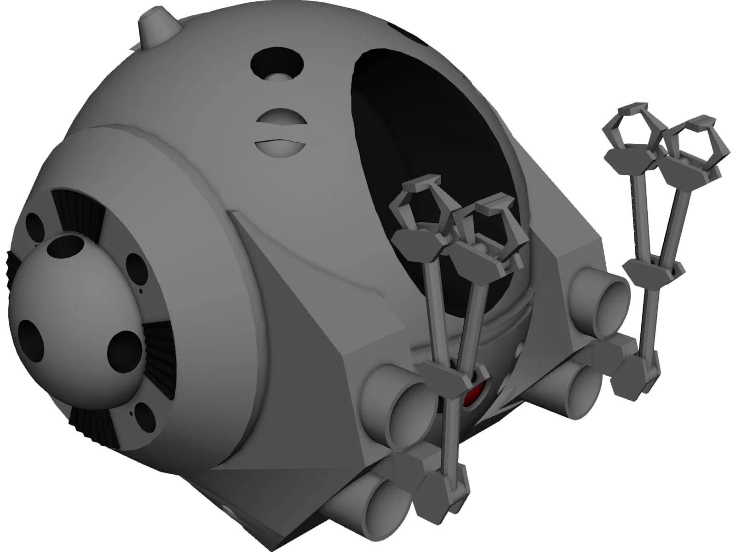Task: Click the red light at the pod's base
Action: coord(473,397)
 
